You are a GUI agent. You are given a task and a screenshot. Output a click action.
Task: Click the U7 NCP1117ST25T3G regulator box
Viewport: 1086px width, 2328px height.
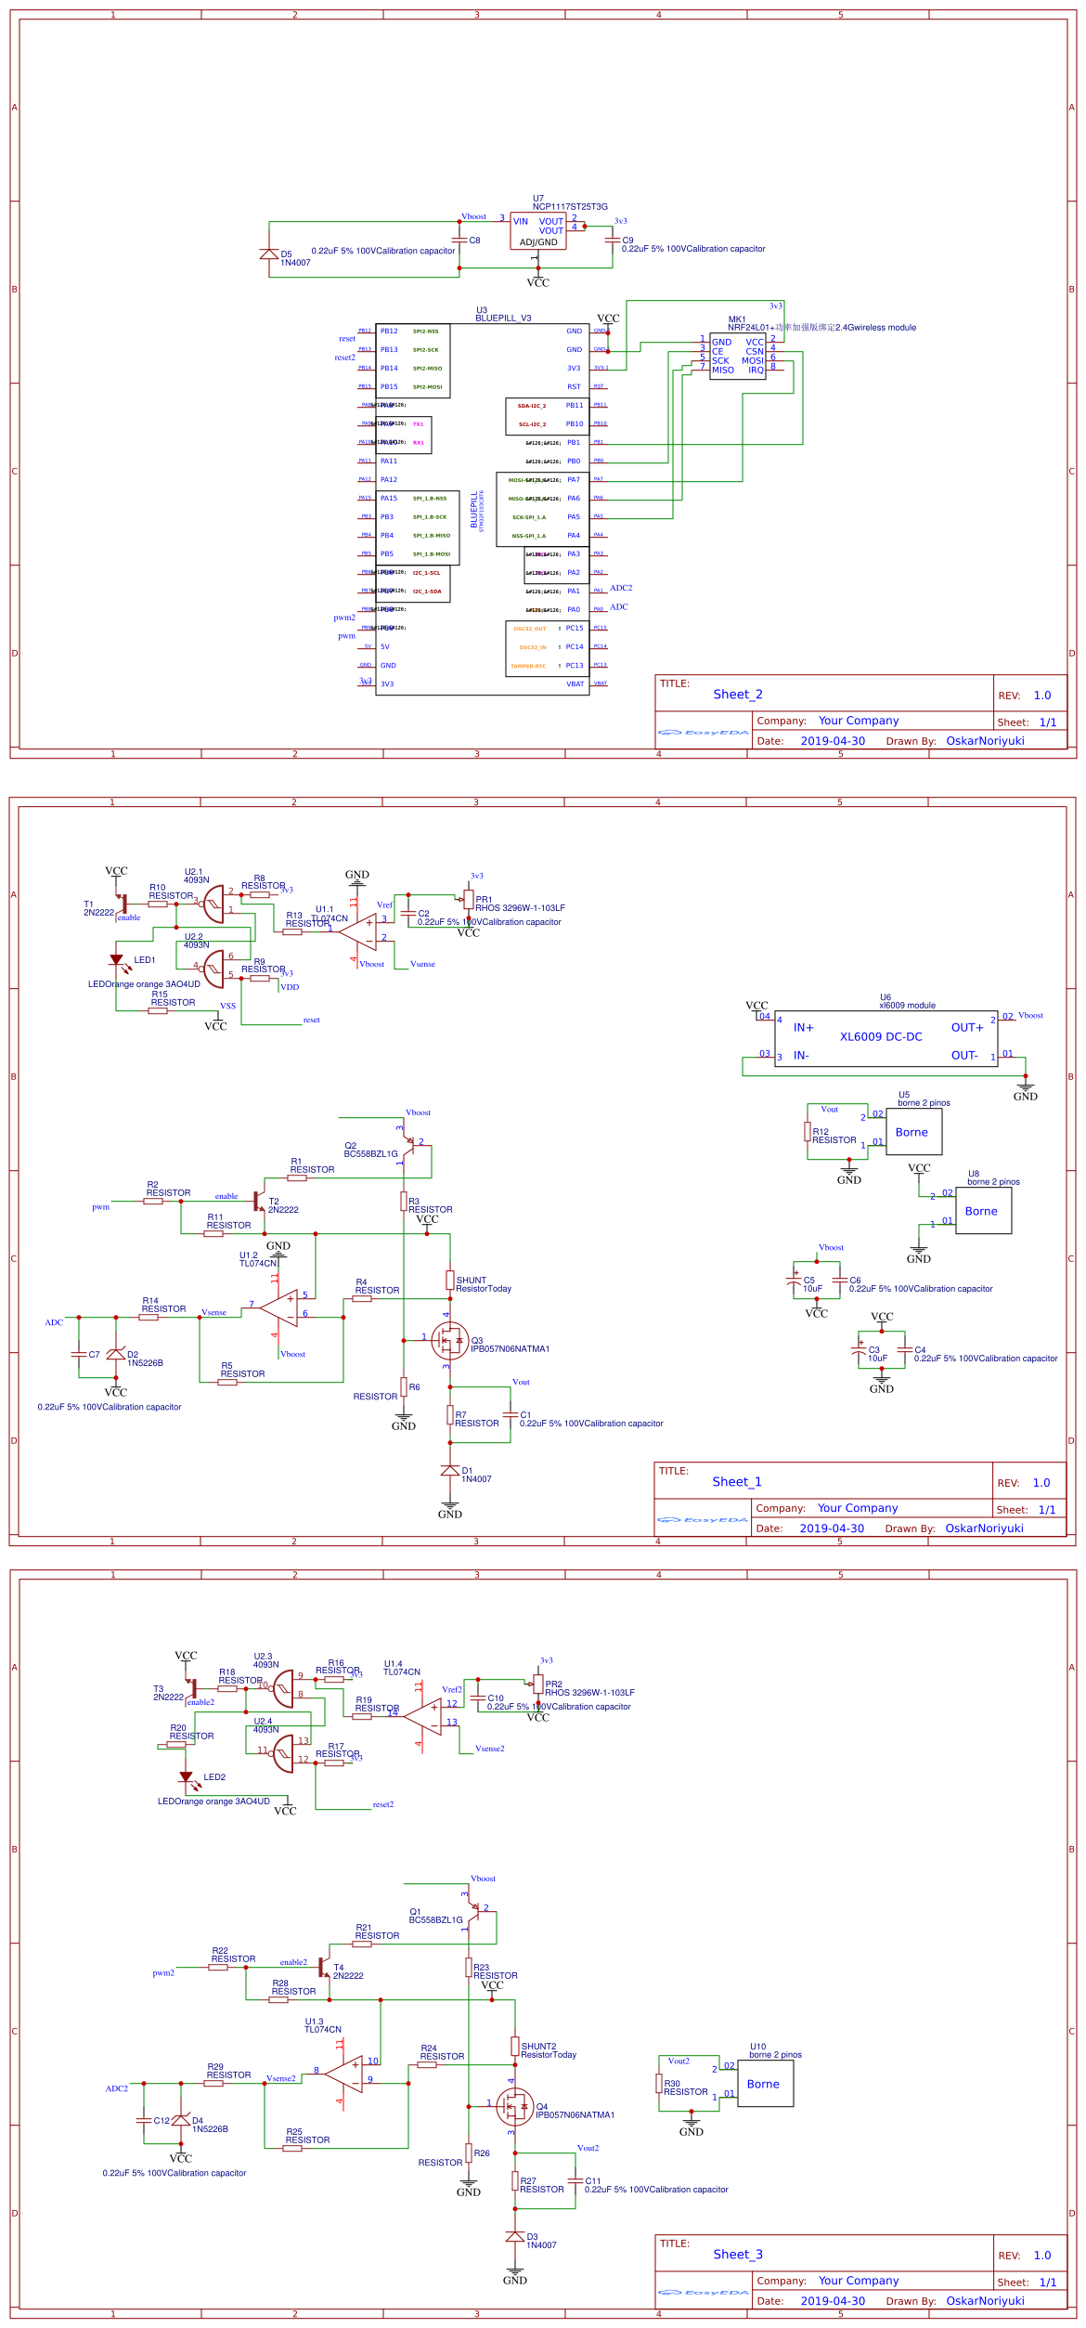pos(537,231)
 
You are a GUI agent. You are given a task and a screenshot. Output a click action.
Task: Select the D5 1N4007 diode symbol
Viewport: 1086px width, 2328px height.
pos(269,254)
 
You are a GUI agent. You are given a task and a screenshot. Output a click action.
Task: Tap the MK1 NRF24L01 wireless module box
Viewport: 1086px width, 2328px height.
pos(737,355)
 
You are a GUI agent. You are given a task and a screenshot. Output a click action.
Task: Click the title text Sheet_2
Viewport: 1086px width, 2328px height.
pos(738,695)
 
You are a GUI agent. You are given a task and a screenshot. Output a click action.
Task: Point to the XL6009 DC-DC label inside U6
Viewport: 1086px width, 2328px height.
pos(881,1036)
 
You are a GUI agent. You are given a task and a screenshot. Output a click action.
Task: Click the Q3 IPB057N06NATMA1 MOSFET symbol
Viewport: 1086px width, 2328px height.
pos(450,1341)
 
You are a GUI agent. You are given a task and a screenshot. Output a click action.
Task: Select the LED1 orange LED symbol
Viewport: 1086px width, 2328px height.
pos(116,961)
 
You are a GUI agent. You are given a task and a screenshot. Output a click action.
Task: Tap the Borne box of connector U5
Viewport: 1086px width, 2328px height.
pos(913,1132)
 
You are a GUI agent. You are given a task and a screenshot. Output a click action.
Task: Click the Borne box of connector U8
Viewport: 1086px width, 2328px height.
pos(983,1211)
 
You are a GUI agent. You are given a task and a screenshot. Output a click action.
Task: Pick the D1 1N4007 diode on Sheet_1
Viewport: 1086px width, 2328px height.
pos(450,1471)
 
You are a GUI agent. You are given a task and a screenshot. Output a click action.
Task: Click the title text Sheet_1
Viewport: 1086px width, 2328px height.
pos(737,1482)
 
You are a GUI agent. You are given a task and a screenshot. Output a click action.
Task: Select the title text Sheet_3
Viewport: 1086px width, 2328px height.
pos(738,2255)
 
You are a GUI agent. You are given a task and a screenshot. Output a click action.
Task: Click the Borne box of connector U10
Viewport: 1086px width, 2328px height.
pos(765,2084)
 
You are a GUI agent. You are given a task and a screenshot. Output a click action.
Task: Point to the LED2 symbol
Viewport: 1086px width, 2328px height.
pos(186,1778)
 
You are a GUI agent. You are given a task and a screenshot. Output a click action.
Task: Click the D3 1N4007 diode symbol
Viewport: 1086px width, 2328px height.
pos(515,2237)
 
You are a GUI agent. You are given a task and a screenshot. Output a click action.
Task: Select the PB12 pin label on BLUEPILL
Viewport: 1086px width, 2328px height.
pos(389,332)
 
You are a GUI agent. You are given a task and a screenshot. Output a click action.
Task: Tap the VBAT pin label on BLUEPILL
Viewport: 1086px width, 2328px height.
pos(575,684)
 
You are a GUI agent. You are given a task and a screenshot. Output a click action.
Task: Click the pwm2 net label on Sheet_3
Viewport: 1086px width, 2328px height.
pos(163,1973)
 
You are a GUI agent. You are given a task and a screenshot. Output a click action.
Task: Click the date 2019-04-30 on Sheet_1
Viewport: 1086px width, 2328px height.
pos(832,1528)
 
